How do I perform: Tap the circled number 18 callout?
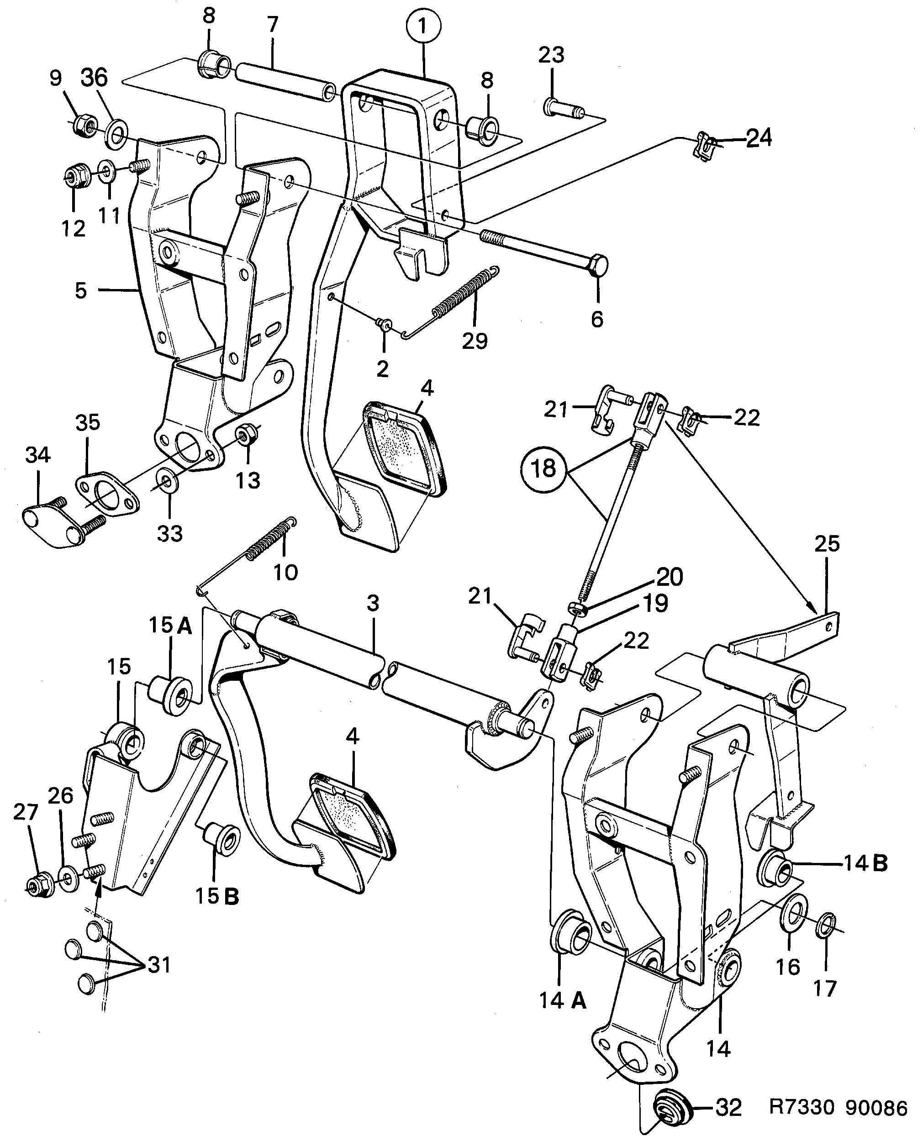[543, 468]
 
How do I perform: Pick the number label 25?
[827, 544]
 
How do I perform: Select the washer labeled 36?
[115, 135]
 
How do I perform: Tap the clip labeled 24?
[705, 148]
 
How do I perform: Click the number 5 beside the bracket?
[80, 291]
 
